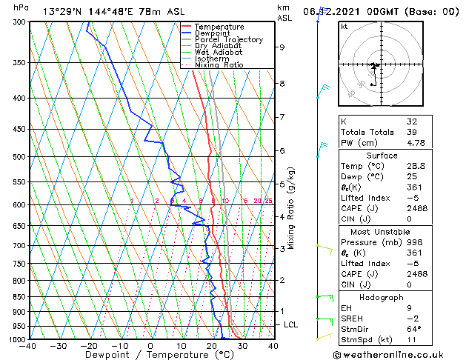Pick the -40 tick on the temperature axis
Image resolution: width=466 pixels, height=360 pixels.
pyautogui.click(x=28, y=346)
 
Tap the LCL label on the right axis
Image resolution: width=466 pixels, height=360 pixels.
pyautogui.click(x=291, y=324)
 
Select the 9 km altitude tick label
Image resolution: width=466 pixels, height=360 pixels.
pyautogui.click(x=282, y=47)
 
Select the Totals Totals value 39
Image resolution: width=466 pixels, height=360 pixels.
pyautogui.click(x=413, y=132)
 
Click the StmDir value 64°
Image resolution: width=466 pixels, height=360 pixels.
pyautogui.click(x=414, y=329)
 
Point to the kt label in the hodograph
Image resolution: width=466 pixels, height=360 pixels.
pyautogui.click(x=344, y=26)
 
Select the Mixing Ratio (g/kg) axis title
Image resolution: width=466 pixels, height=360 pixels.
pyautogui.click(x=291, y=207)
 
